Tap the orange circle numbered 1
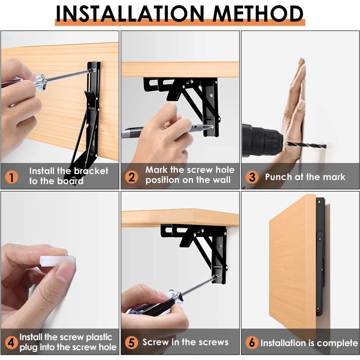pos(12,176)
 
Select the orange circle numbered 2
pos(132,176)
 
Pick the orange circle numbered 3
pos(252,177)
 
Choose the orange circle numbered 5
pos(131,342)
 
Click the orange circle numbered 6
pos(252,342)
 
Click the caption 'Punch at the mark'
pos(305,177)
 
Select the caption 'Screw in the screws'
pos(185,342)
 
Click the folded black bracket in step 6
pos(320,256)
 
